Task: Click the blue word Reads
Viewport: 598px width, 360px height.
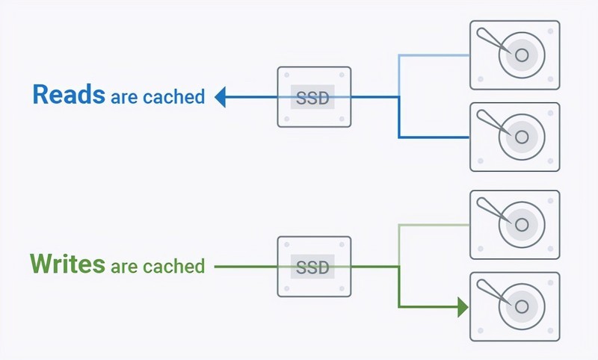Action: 68,95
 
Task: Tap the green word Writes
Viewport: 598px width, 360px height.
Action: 67,264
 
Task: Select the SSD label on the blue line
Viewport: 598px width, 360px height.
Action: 313,97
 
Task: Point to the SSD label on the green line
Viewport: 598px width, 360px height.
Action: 313,267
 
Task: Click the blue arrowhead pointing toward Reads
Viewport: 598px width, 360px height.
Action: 221,96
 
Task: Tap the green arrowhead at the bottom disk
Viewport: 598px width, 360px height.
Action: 463,306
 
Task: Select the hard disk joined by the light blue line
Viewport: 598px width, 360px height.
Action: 514,55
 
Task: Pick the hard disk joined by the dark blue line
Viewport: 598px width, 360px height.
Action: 514,137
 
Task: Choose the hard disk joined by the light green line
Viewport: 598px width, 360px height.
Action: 514,224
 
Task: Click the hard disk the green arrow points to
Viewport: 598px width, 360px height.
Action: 514,306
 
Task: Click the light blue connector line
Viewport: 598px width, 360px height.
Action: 434,55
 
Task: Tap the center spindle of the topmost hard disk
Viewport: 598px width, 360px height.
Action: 521,55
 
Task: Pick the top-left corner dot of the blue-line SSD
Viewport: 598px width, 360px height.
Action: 286,75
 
